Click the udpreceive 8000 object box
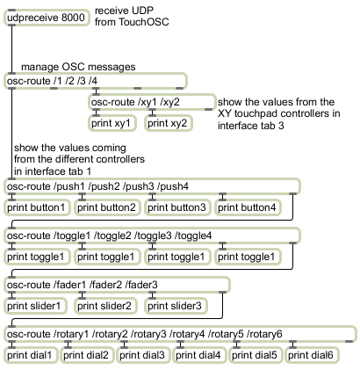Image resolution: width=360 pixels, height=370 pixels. pos(47,18)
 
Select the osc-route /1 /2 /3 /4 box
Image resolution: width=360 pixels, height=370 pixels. pos(96,81)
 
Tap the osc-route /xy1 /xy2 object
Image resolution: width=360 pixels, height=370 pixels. pos(152,102)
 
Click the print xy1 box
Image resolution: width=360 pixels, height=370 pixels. pos(112,123)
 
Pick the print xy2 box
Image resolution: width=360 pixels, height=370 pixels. pos(169,123)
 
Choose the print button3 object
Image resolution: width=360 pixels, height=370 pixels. pos(177,207)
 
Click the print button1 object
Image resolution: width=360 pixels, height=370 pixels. pos(37,207)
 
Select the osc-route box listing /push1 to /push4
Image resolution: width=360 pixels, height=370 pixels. pos(152,186)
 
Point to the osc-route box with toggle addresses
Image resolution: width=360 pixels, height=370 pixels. pos(152,236)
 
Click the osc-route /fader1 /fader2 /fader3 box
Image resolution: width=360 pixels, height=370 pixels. pos(117,285)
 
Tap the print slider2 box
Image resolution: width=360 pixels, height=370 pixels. pos(105,306)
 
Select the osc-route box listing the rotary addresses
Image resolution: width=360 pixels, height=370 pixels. pos(180,334)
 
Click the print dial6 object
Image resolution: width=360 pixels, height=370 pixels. pos(313,355)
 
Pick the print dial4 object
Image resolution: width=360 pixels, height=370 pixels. pos(199,355)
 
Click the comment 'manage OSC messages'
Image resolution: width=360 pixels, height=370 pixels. pos(78,67)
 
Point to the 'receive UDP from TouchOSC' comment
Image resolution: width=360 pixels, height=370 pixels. pos(132,17)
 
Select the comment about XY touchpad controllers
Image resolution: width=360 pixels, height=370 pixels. pos(279,113)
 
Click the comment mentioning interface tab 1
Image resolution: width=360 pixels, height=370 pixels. pos(79,159)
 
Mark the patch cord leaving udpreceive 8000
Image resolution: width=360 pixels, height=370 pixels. pos(11,49)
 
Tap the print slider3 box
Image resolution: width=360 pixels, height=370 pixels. pos(176,306)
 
